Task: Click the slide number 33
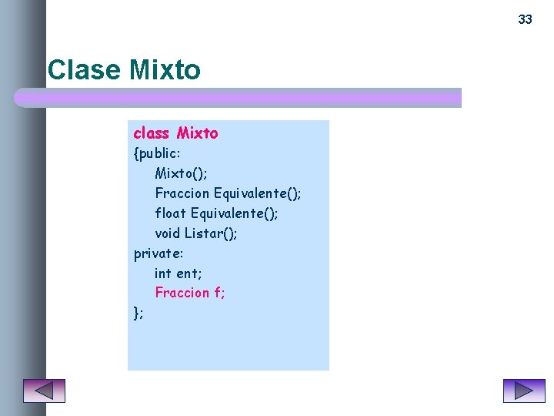[525, 19]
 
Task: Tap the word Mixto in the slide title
[165, 70]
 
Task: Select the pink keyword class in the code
[151, 133]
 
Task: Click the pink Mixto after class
[197, 133]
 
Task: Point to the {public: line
[157, 153]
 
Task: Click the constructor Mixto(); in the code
[181, 173]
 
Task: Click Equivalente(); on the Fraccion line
[257, 193]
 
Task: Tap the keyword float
[170, 213]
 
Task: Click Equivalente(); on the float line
[234, 213]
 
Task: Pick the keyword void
[167, 233]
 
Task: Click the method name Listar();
[210, 233]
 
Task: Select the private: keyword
[159, 253]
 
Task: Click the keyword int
[163, 273]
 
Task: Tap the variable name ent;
[189, 273]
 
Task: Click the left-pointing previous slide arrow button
[44, 391]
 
